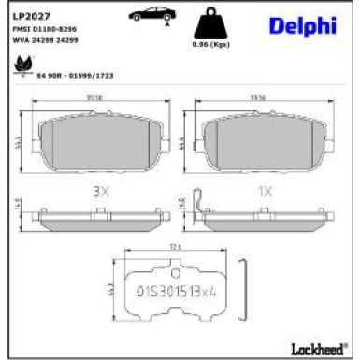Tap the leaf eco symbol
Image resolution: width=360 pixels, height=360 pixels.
[20, 65]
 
